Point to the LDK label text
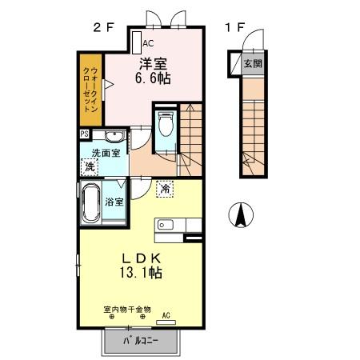(x=143, y=258)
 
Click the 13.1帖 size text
(x=143, y=274)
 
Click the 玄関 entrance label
(x=252, y=63)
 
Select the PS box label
(x=84, y=134)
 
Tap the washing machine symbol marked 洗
(x=90, y=166)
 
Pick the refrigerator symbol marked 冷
(x=164, y=189)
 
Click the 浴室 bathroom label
(x=114, y=202)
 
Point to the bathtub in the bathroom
(x=90, y=205)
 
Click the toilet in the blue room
(x=166, y=126)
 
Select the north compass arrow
(x=240, y=215)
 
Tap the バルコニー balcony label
(x=141, y=342)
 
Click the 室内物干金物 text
(x=127, y=309)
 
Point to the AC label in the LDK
(x=166, y=315)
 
